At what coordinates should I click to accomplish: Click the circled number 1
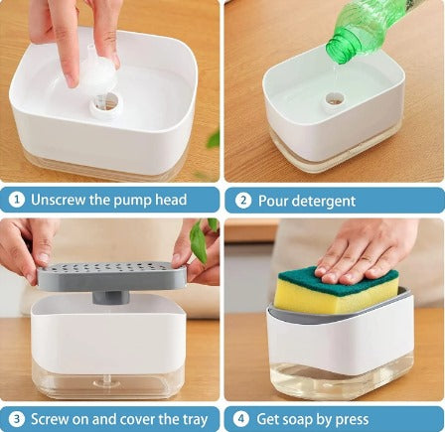pos(17,200)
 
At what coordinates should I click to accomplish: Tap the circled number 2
pos(243,201)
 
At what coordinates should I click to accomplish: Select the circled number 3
pos(17,419)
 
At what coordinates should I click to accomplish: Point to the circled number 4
pos(241,419)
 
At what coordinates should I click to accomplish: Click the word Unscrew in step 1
pos(58,200)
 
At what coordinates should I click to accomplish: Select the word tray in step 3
pos(195,420)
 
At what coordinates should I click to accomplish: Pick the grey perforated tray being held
pos(112,276)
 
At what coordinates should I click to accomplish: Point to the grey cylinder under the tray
pos(111,298)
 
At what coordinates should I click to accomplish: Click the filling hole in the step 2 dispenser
pos(335,98)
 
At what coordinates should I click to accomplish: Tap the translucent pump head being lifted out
pos(97,72)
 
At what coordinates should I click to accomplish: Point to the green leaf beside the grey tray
pos(199,240)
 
